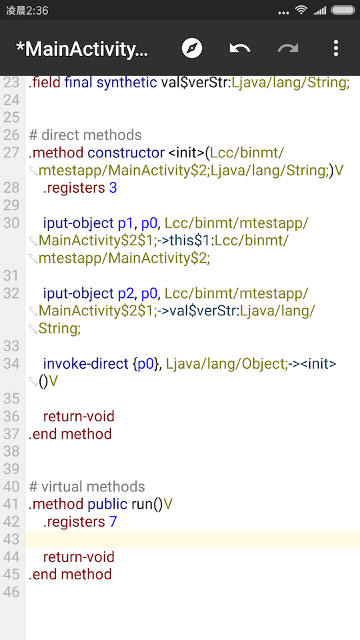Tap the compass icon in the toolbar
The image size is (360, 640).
[x=192, y=49]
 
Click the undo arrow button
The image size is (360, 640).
[x=240, y=49]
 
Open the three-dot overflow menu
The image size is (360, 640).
[x=335, y=49]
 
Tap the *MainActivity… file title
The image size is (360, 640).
[x=81, y=49]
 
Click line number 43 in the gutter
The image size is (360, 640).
[x=11, y=539]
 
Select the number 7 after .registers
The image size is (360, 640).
[x=113, y=521]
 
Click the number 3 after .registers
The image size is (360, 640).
[x=113, y=188]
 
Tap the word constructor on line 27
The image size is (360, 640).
[x=126, y=153]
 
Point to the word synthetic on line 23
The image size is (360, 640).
[x=127, y=83]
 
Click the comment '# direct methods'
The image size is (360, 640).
[x=85, y=135]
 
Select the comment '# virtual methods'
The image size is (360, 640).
[x=87, y=487]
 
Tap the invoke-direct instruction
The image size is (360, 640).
[x=86, y=364]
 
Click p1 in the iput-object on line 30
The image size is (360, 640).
[x=126, y=224]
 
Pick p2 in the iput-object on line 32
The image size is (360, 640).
[x=126, y=294]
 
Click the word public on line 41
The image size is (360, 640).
[x=107, y=505]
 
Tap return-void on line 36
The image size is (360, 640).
[x=79, y=416]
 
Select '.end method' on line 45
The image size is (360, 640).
[x=70, y=574]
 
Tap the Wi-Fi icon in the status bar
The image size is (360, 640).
[x=301, y=10]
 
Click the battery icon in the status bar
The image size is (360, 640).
[x=343, y=10]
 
